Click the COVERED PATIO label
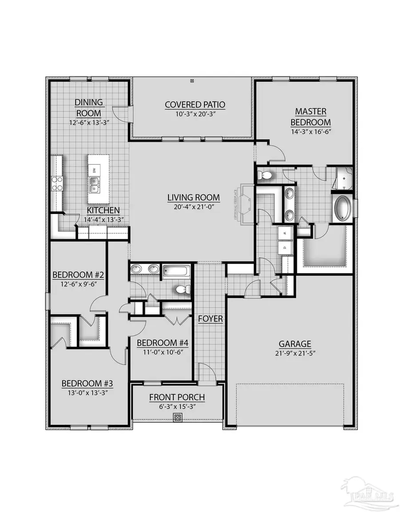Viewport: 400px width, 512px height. click(195, 105)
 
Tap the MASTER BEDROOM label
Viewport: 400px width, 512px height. click(311, 116)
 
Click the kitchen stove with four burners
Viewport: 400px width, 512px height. click(57, 183)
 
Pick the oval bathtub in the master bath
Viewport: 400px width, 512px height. click(343, 207)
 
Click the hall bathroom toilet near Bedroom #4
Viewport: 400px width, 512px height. click(182, 290)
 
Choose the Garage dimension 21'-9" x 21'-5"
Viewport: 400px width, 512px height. click(295, 353)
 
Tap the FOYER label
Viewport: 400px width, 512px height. click(211, 319)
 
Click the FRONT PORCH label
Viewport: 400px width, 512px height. click(177, 397)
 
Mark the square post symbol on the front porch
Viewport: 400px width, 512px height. click(177, 417)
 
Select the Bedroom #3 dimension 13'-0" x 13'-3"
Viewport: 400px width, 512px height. click(85, 393)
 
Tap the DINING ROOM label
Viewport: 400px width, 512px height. click(89, 107)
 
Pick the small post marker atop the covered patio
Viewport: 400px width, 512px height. click(192, 81)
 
